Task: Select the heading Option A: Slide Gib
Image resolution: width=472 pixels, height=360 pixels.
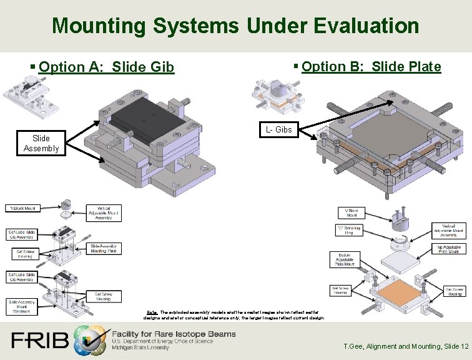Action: (106, 67)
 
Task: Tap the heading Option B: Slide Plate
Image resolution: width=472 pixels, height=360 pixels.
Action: (371, 66)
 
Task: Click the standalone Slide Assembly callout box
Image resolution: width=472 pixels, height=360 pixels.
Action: (41, 143)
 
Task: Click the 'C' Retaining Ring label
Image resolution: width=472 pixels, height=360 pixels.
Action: (348, 229)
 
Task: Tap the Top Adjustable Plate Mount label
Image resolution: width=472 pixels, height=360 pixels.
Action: (448, 249)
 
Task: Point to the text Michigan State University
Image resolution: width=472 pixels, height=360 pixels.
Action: (140, 347)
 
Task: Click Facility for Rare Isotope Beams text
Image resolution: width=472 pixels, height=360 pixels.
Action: (174, 334)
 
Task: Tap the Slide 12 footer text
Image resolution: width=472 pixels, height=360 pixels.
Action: (453, 346)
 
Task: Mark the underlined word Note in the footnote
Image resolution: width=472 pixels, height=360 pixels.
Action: (151, 311)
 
